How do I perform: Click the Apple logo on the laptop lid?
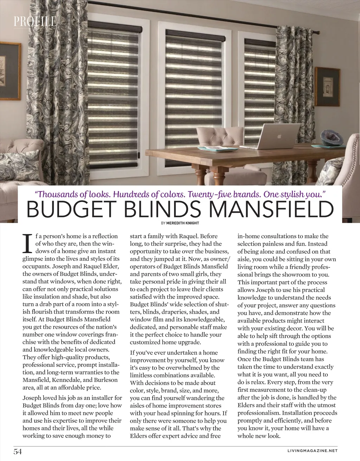(280, 135)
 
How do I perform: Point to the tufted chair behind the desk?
(220, 137)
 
